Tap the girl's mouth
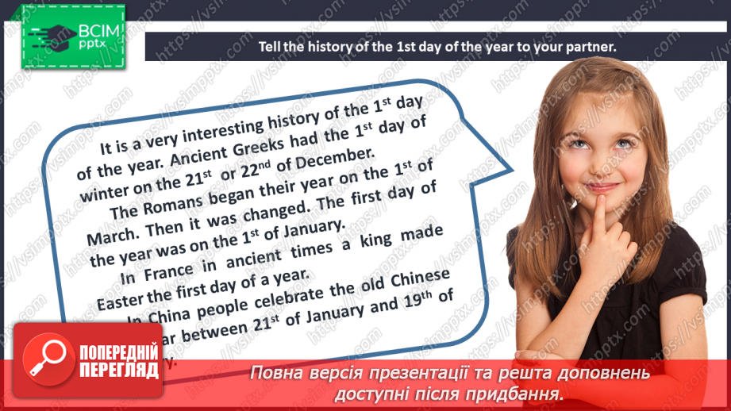(602, 187)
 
